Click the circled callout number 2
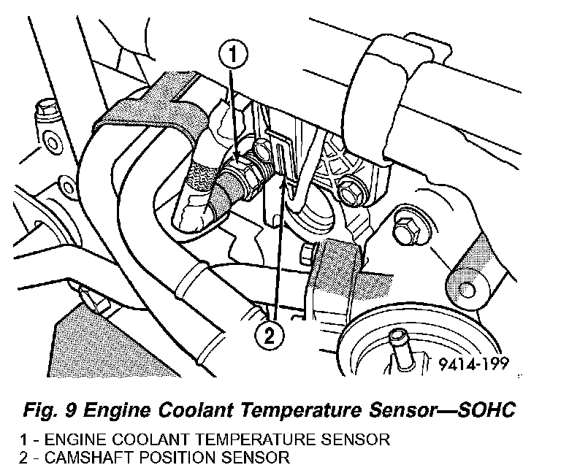click(270, 337)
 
